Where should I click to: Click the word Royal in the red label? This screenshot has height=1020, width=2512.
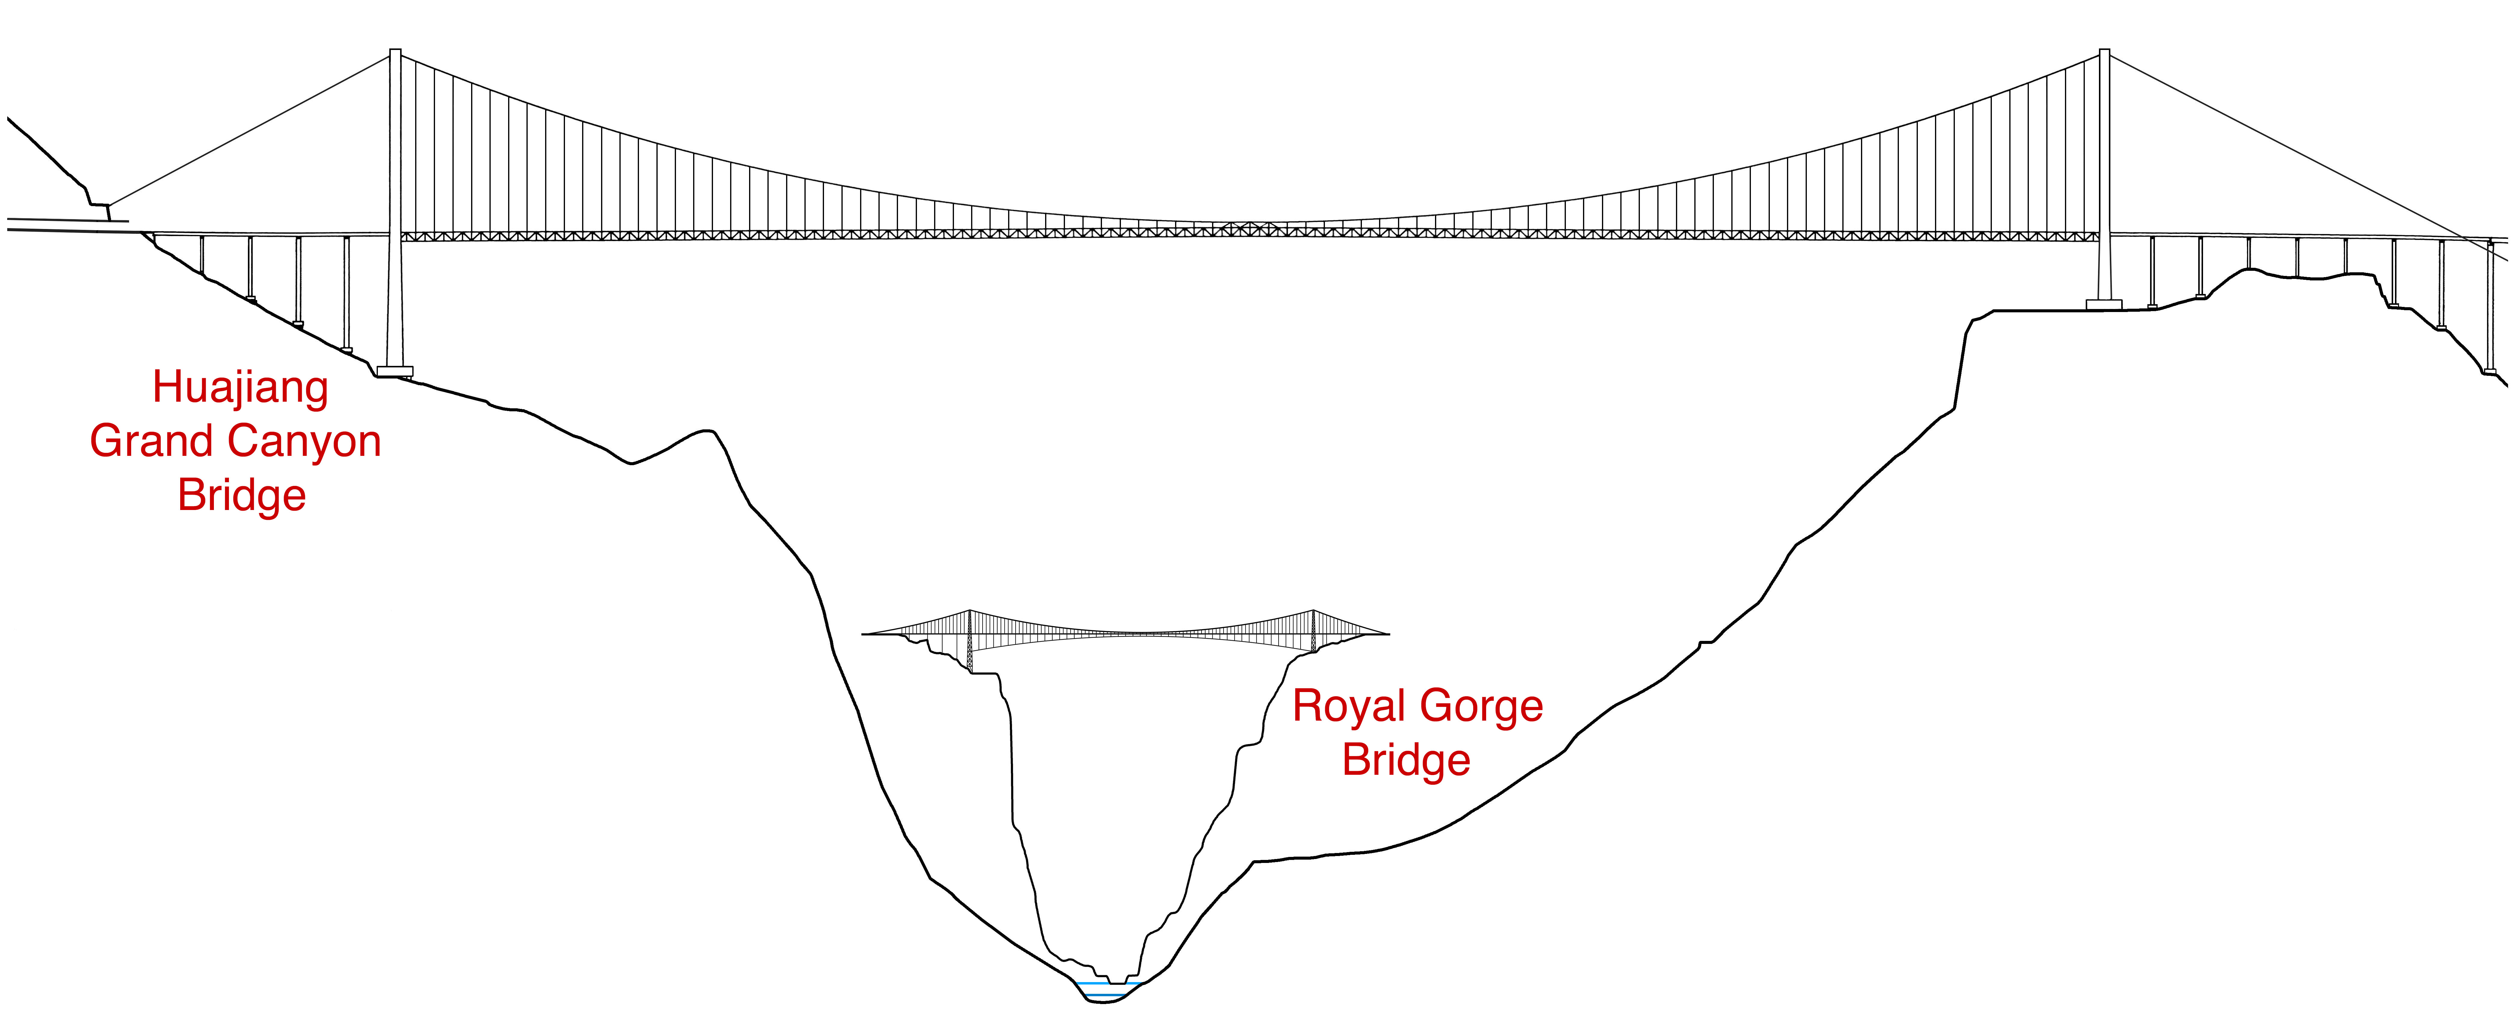(x=1349, y=706)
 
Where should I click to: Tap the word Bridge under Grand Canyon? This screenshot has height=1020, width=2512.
(x=242, y=495)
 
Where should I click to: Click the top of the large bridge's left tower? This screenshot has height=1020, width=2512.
(x=395, y=52)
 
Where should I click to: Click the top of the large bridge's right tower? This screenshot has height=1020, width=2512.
(x=2104, y=52)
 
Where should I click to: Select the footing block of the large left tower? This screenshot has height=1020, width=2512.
(x=395, y=372)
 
